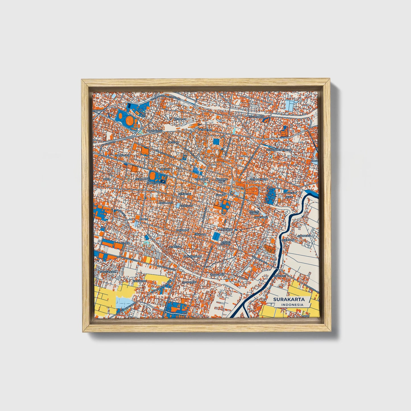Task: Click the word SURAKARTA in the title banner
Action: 289,299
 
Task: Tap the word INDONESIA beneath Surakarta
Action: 292,305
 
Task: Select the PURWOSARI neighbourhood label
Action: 122,156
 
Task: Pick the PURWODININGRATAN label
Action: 279,150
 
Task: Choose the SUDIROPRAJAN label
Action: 259,179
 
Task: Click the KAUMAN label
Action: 220,195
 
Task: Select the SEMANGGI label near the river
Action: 279,276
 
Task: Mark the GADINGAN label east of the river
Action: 304,236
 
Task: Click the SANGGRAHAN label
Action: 108,272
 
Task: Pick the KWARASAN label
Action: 139,281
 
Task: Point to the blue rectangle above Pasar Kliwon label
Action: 216,236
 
